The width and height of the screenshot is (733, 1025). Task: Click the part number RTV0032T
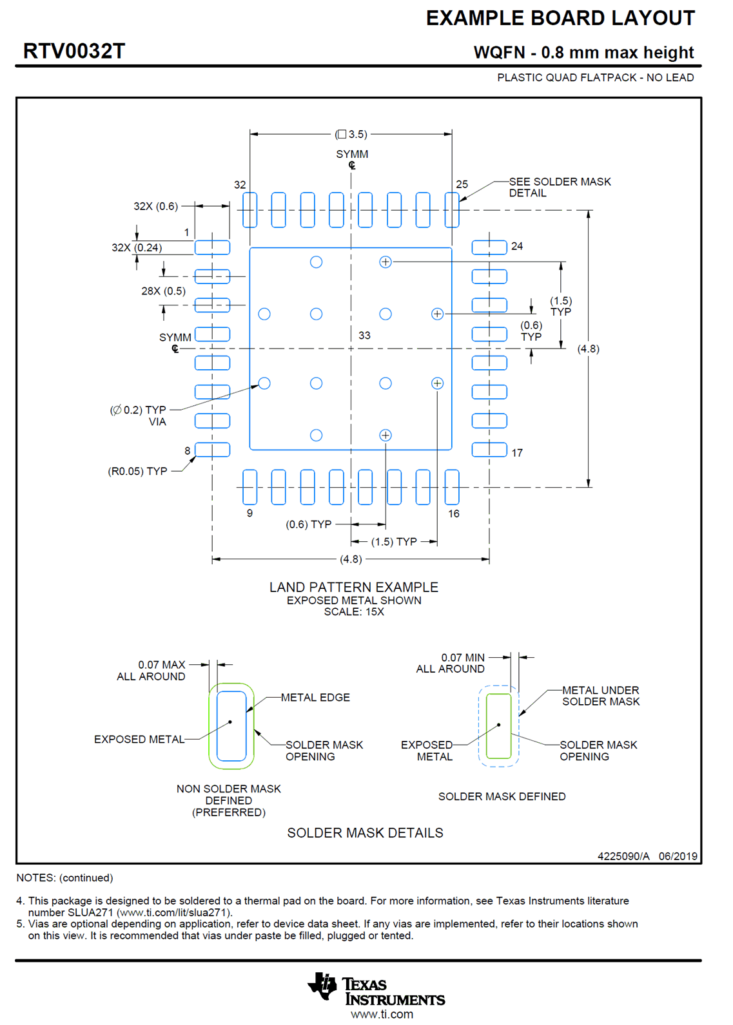tap(74, 51)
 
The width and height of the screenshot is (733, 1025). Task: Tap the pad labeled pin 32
tap(249, 209)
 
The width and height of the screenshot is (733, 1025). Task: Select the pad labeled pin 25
tap(452, 209)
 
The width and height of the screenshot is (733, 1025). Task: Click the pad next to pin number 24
tap(489, 247)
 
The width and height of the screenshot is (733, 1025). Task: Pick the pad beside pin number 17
tap(489, 449)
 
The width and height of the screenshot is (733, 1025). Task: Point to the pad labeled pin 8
tap(212, 449)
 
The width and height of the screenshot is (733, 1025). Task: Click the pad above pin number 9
tap(249, 486)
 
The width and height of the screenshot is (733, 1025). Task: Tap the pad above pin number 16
tap(452, 486)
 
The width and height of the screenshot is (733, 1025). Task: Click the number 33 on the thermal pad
tap(364, 336)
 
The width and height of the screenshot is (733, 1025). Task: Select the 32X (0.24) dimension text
tap(137, 247)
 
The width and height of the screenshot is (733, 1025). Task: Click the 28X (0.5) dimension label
tap(163, 291)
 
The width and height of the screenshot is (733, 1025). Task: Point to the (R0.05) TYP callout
tap(137, 472)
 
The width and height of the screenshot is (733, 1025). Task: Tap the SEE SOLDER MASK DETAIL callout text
tap(559, 187)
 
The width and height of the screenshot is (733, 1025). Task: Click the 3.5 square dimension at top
tap(351, 134)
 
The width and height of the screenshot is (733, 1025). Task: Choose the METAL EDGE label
tap(315, 698)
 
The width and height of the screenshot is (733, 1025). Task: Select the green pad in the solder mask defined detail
tap(498, 726)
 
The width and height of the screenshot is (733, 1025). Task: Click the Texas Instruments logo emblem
tap(323, 986)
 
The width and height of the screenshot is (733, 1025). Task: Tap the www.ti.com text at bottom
tap(382, 1015)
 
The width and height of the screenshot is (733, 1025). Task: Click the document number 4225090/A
tap(623, 856)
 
